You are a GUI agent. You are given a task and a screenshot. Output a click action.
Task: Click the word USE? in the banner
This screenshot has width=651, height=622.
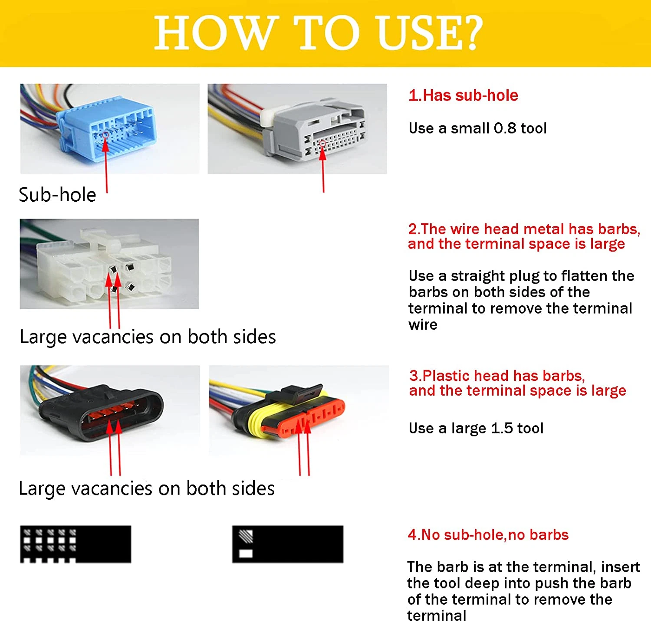click(430, 33)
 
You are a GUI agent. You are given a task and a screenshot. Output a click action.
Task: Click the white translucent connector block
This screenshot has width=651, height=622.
click(104, 265)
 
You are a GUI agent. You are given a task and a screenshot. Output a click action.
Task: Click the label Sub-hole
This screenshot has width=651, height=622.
click(57, 195)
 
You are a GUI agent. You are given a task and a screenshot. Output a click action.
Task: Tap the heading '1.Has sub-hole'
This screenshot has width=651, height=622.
click(463, 95)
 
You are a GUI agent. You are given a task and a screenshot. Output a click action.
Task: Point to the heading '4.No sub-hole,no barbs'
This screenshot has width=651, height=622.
click(488, 535)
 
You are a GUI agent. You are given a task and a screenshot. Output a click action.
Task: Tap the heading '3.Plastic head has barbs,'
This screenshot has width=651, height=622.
click(497, 376)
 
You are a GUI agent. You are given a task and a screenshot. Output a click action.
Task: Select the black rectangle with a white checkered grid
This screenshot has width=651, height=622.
click(76, 544)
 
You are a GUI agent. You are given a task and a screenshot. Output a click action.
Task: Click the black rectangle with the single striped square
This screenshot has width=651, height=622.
click(288, 544)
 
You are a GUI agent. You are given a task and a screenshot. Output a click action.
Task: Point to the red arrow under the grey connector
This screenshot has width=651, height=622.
click(323, 167)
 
